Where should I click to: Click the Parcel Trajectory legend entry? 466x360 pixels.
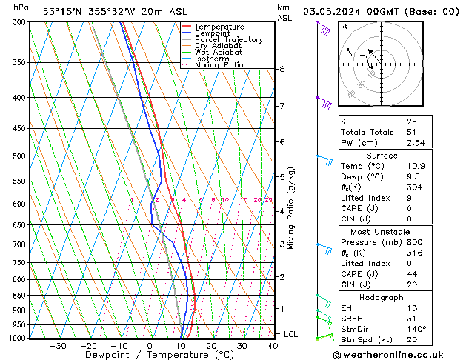click(x=227, y=39)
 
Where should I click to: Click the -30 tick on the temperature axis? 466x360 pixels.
click(x=58, y=345)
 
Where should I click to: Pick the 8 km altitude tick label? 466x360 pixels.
click(x=282, y=69)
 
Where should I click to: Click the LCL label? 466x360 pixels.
click(x=290, y=334)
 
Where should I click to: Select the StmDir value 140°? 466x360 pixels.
click(x=416, y=329)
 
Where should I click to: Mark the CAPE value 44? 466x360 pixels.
click(x=412, y=274)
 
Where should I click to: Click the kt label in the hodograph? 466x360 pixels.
click(x=344, y=26)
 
